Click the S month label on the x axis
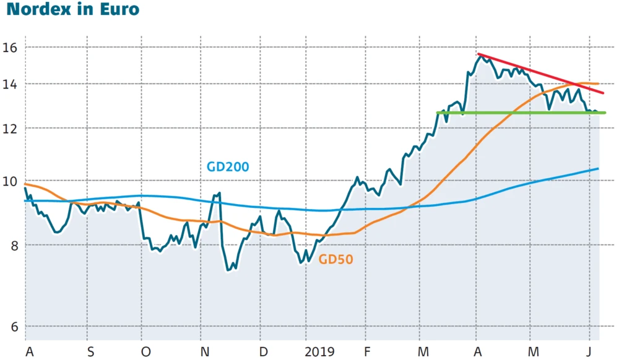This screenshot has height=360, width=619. pos(90,352)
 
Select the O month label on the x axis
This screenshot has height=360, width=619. pos(145,352)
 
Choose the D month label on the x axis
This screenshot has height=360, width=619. pos(263,352)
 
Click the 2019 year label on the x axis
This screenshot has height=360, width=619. pos(319,352)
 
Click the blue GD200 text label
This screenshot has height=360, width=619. pos(227,167)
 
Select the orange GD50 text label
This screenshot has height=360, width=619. pos(336,260)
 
